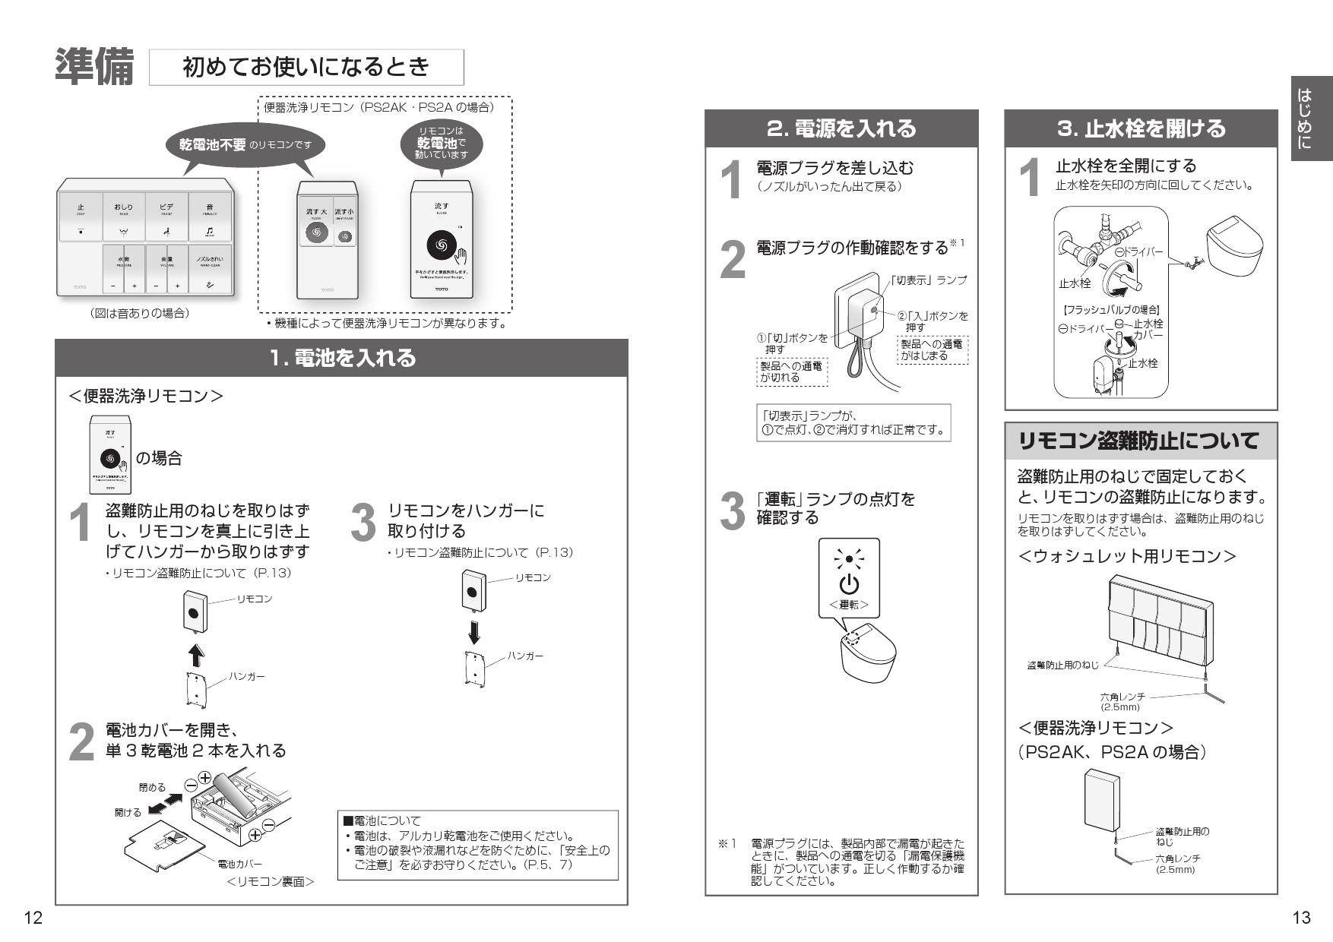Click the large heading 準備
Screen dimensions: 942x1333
click(x=94, y=68)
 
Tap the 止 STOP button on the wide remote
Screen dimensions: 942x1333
click(x=81, y=216)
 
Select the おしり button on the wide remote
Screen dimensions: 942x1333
click(x=123, y=216)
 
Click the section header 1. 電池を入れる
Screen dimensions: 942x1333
click(x=342, y=358)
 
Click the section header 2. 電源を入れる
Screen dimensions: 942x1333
click(x=841, y=128)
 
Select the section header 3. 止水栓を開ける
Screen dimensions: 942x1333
click(x=1141, y=128)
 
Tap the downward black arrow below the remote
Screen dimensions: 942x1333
click(x=474, y=632)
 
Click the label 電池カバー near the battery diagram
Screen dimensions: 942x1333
click(x=239, y=864)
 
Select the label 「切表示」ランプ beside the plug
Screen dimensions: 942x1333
click(x=929, y=280)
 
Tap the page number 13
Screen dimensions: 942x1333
click(x=1301, y=918)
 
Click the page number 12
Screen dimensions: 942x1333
click(x=33, y=918)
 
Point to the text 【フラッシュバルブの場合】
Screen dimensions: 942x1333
click(x=1110, y=310)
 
